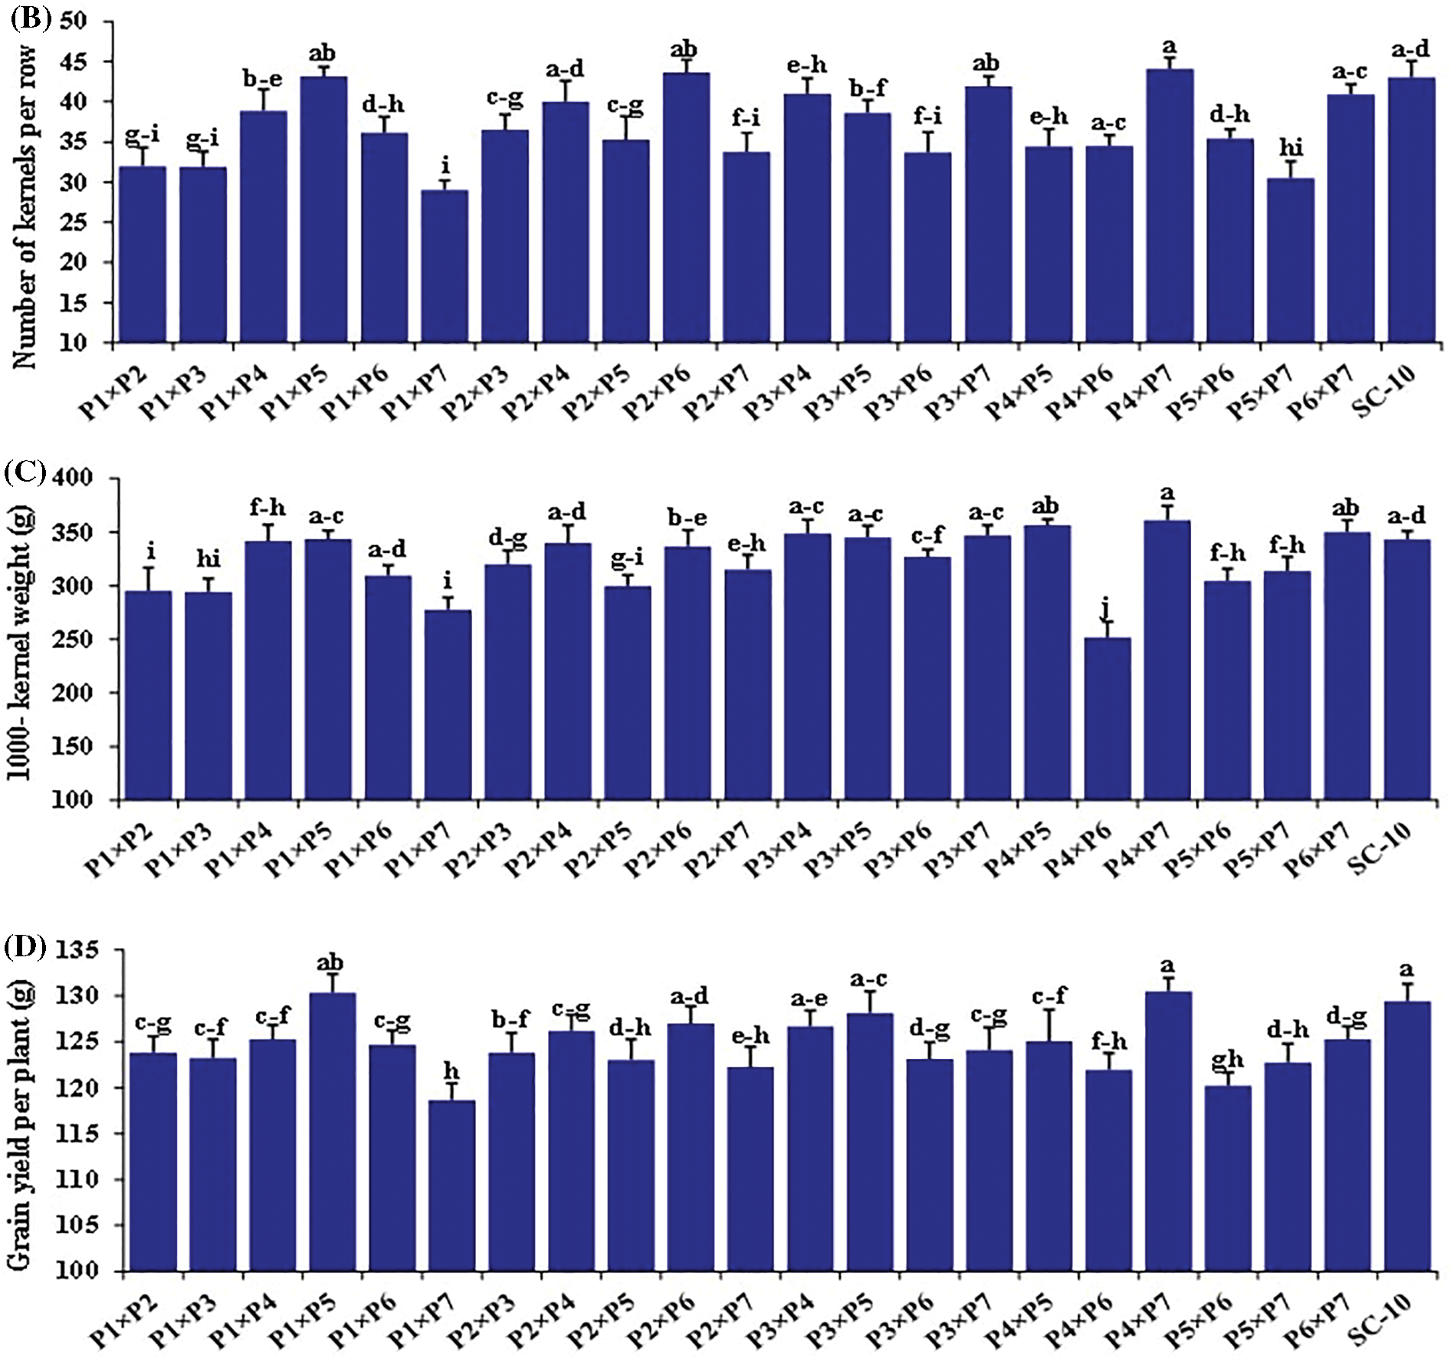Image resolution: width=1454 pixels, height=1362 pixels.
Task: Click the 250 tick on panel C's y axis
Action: [93, 640]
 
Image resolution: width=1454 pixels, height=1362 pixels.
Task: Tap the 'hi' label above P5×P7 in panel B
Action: [1291, 146]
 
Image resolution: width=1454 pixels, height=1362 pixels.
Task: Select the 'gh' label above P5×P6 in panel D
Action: [1227, 1059]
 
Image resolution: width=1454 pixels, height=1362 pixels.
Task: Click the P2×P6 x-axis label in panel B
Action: [656, 393]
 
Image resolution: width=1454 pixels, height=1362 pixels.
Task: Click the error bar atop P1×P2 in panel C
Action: [149, 578]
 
